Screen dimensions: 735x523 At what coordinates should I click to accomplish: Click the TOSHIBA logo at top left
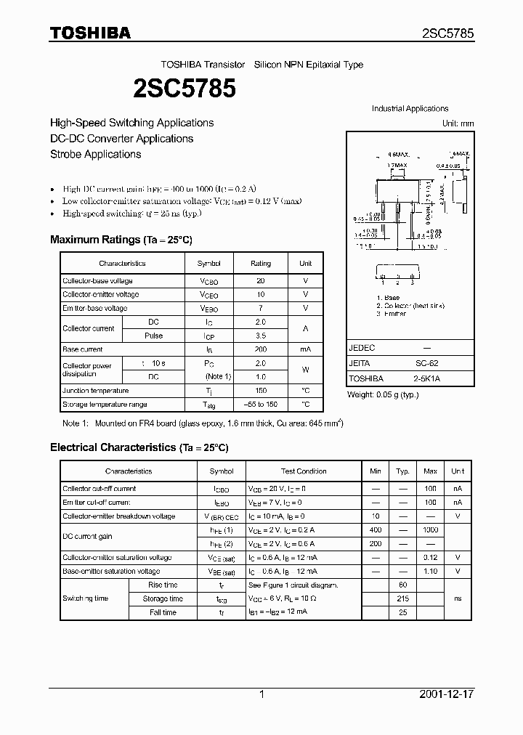[90, 33]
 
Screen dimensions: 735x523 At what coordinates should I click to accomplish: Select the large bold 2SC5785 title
[184, 89]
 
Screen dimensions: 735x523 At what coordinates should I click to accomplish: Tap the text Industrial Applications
[410, 108]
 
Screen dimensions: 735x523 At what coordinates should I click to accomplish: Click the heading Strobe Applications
[95, 154]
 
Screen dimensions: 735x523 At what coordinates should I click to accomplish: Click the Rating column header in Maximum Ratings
[261, 263]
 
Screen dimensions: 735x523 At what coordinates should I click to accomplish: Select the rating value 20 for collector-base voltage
[261, 280]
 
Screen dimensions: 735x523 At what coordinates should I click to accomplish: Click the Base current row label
[83, 349]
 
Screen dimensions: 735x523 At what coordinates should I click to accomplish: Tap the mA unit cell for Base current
[305, 349]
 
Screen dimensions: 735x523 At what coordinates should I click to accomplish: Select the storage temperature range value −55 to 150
[261, 405]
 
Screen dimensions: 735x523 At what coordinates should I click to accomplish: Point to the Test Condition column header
[304, 471]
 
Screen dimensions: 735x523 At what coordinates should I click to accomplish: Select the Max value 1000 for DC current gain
[430, 530]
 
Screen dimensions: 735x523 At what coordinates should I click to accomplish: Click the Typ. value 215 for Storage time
[403, 599]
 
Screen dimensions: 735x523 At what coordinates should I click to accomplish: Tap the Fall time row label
[163, 613]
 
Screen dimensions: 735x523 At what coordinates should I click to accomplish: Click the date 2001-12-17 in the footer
[446, 694]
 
